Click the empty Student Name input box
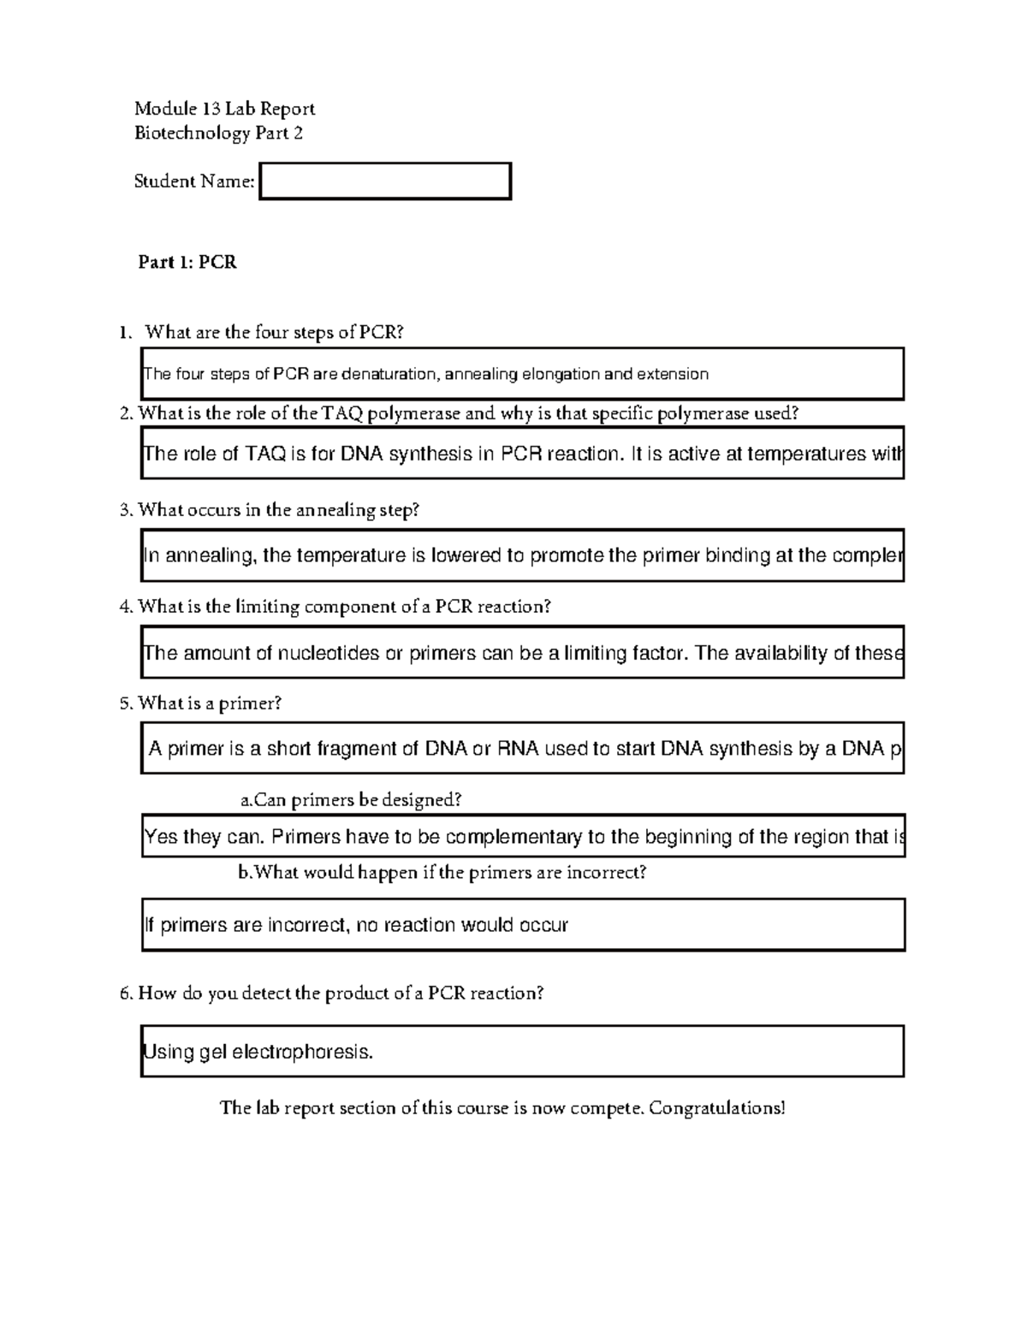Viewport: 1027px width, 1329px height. click(385, 181)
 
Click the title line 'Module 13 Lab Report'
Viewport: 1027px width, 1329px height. click(224, 109)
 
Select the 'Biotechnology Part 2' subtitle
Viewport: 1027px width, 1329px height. click(218, 133)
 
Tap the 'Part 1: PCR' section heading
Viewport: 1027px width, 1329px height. click(187, 263)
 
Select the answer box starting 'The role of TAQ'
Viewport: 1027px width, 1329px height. click(522, 454)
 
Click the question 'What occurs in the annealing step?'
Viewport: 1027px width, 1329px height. click(279, 510)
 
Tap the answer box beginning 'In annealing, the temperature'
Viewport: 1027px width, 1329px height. click(522, 556)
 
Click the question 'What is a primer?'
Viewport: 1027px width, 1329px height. click(210, 703)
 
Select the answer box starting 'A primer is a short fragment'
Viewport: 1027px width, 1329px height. click(522, 750)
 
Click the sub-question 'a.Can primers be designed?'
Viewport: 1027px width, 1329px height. click(351, 800)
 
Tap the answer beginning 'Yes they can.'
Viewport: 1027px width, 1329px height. click(522, 837)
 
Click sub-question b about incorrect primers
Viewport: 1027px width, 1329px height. click(442, 873)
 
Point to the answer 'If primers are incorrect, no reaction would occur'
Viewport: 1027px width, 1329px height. click(356, 925)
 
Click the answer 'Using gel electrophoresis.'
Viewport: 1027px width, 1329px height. click(258, 1052)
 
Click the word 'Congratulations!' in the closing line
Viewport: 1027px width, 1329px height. click(716, 1108)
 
